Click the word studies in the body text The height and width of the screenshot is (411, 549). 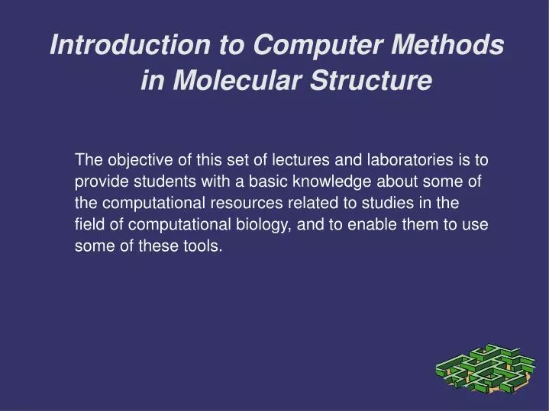coord(386,204)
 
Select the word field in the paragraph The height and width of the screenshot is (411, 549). coord(89,225)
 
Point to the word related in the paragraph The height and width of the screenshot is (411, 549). coord(309,204)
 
